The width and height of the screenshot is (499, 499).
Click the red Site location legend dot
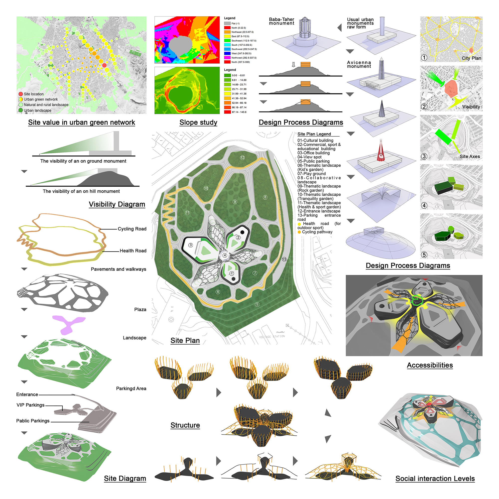coord(21,94)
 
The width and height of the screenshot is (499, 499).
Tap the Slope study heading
coord(198,123)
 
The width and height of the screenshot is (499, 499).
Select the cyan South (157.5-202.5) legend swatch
coord(227,45)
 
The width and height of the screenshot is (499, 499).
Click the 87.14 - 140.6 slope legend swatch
coord(227,112)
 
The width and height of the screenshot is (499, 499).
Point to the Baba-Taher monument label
coord(281,21)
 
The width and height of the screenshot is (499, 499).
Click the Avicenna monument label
coord(359,64)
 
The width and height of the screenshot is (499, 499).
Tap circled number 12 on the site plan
coord(242,157)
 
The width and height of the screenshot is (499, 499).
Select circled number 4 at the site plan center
coord(225,255)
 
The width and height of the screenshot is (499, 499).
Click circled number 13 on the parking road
coord(284,259)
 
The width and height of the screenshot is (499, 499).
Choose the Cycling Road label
coord(132,229)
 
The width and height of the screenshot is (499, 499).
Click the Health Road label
coord(133,251)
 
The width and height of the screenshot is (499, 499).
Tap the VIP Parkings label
coord(30,405)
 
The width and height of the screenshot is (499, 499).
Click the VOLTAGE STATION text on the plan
coord(272,337)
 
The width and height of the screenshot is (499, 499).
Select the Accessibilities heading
coord(430,365)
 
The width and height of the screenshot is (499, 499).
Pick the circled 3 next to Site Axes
coord(424,156)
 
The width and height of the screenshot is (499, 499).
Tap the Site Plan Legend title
coord(314,134)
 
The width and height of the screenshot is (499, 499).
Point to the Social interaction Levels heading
coord(435,479)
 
